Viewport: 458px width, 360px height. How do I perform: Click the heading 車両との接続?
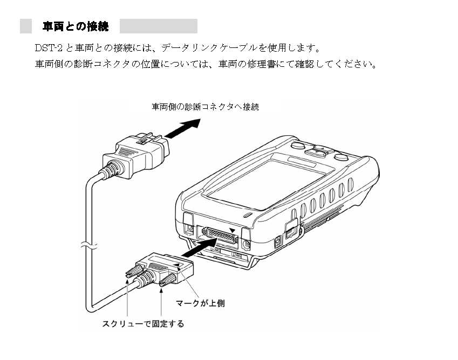pyautogui.click(x=76, y=26)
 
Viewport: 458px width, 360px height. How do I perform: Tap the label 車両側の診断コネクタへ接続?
pyautogui.click(x=205, y=107)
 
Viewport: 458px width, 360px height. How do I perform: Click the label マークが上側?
pyautogui.click(x=201, y=303)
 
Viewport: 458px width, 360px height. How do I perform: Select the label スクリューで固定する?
pyautogui.click(x=143, y=324)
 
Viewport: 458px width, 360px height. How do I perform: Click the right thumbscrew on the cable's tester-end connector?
pyautogui.click(x=167, y=279)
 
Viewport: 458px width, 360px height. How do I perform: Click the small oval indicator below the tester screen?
pyautogui.click(x=248, y=215)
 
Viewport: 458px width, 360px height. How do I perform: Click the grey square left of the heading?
pyautogui.click(x=26, y=26)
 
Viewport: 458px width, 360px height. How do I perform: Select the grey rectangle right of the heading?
pyautogui.click(x=158, y=26)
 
